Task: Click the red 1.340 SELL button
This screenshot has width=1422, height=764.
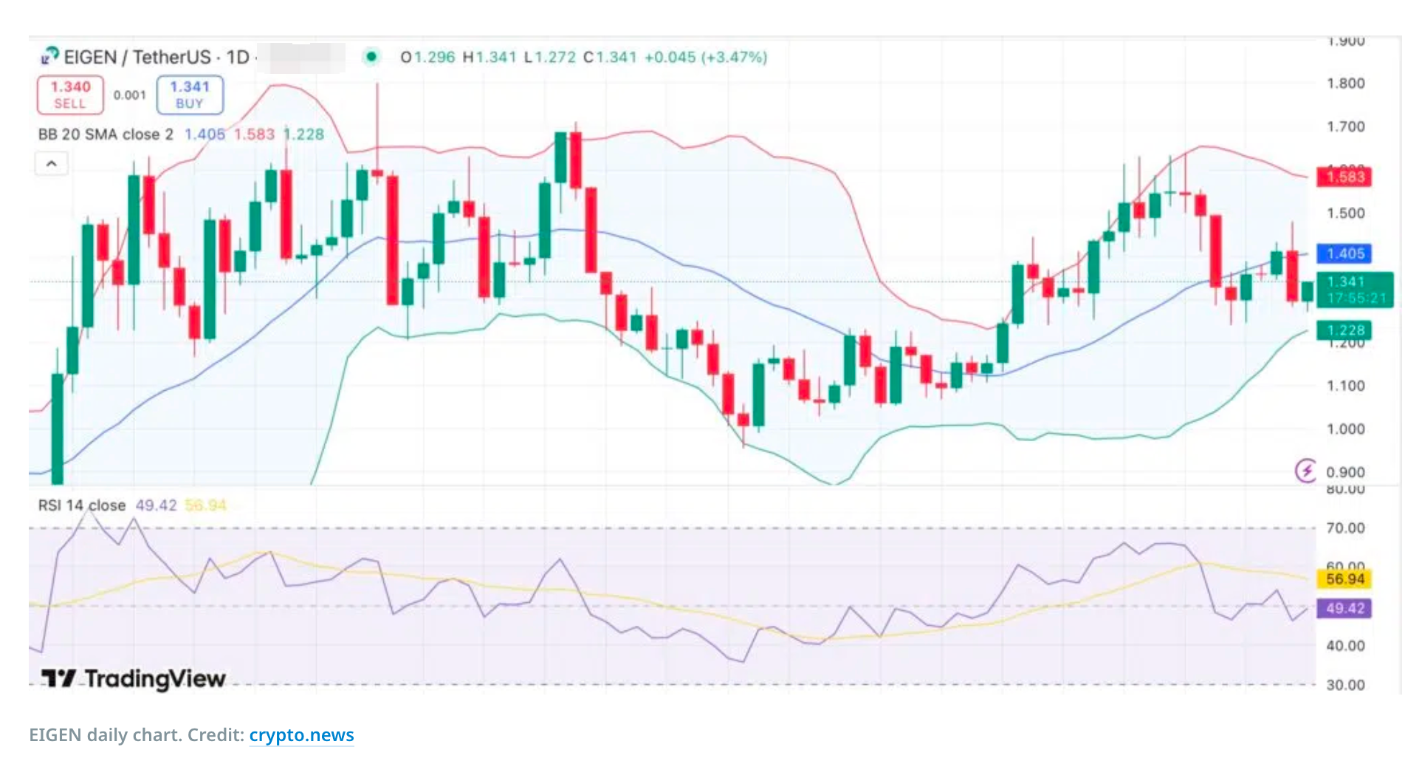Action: (x=70, y=95)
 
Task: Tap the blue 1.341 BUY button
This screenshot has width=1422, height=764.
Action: (x=190, y=95)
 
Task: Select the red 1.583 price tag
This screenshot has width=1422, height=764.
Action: (x=1344, y=177)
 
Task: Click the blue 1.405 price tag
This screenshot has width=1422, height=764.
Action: (x=1344, y=254)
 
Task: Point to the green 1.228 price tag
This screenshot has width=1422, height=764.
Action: (x=1344, y=330)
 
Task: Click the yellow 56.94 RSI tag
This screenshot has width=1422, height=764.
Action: (x=1344, y=579)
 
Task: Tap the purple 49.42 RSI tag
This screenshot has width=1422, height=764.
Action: (x=1344, y=609)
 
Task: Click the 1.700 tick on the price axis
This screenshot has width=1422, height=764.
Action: (x=1345, y=127)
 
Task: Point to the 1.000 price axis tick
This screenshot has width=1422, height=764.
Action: (x=1345, y=429)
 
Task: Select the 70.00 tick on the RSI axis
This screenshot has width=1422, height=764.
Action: (x=1345, y=528)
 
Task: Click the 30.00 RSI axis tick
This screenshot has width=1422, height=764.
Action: (x=1345, y=685)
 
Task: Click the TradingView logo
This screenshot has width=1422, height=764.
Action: (x=134, y=678)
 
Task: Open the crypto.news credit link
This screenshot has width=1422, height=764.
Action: (x=301, y=735)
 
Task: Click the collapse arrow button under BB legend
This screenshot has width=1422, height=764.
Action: (x=52, y=163)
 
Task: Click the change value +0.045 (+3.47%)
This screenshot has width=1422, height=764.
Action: (x=706, y=57)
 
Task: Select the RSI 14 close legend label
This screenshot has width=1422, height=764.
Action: (x=82, y=505)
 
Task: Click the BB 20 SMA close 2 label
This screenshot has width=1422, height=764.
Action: (x=106, y=134)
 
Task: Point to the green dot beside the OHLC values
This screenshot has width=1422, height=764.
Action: (x=371, y=56)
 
